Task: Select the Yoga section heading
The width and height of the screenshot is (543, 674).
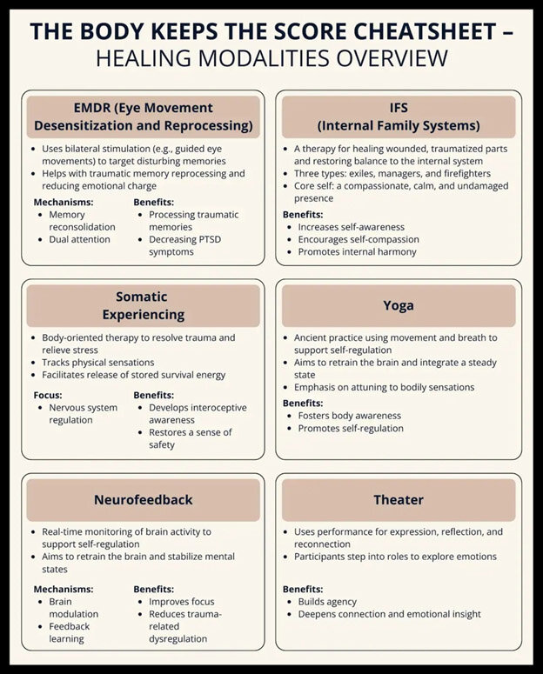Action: (398, 305)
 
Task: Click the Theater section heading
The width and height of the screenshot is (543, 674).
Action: (398, 499)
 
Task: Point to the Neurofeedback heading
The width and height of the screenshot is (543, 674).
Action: (143, 499)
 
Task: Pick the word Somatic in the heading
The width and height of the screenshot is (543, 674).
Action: (142, 297)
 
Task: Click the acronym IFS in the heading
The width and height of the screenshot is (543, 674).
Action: (399, 108)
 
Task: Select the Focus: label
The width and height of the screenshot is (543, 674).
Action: (48, 394)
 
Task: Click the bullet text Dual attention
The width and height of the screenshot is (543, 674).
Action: (79, 239)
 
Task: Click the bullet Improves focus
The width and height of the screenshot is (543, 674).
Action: (181, 601)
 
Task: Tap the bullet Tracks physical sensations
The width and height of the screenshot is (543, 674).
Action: (97, 362)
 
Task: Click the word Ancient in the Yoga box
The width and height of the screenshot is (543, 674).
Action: (313, 337)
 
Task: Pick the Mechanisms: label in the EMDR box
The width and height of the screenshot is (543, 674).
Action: (63, 202)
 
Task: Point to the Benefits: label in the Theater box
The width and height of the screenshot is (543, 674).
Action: (303, 589)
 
